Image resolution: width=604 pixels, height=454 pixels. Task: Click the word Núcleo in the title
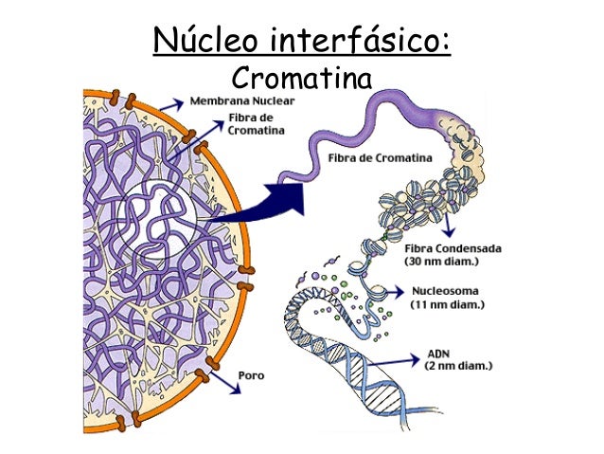pyautogui.click(x=206, y=41)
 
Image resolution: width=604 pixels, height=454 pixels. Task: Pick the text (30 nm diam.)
pyautogui.click(x=465, y=261)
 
